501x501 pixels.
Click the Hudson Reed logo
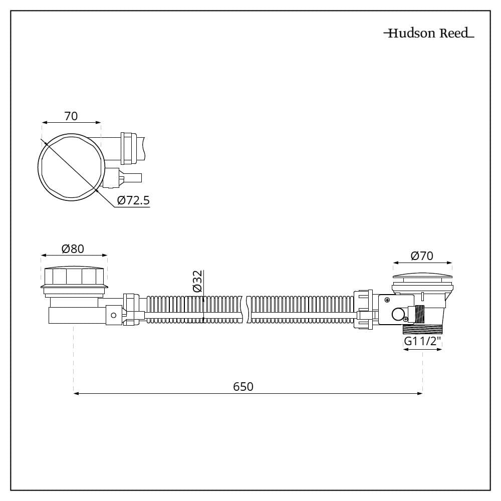[429, 33]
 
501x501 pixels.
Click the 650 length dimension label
[243, 387]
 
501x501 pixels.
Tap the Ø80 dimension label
[73, 248]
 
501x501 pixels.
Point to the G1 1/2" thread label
[423, 341]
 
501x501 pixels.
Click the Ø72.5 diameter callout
[133, 200]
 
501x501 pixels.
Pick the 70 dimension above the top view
[71, 116]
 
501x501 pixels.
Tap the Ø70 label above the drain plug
[422, 256]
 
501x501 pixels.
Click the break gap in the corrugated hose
[246, 309]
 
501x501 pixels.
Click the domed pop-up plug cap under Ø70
[422, 277]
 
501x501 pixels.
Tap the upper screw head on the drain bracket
[387, 300]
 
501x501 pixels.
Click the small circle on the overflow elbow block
[113, 315]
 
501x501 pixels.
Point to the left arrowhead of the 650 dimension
[76, 394]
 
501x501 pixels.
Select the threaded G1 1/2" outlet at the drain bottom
[422, 328]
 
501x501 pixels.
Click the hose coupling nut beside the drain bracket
[363, 309]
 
